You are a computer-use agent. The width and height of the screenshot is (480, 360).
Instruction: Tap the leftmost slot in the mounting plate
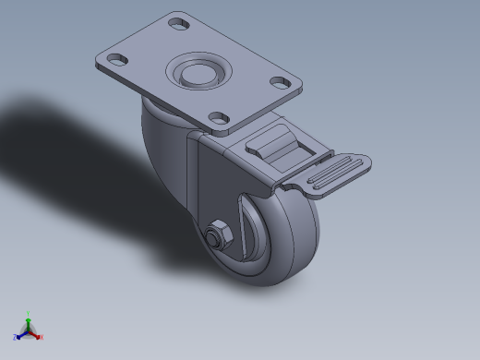click(x=117, y=61)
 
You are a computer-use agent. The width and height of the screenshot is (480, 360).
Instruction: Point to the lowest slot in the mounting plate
click(x=219, y=117)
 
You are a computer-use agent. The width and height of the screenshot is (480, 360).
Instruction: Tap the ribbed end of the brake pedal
click(x=336, y=174)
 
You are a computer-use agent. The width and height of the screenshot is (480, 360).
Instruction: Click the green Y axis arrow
click(x=28, y=320)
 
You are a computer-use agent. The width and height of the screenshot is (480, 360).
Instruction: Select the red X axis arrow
click(x=36, y=334)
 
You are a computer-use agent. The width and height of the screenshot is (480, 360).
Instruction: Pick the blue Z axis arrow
click(x=20, y=334)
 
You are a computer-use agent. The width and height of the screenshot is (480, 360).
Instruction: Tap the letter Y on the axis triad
click(x=28, y=314)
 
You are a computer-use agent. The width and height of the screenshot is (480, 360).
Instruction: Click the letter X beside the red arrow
click(x=42, y=338)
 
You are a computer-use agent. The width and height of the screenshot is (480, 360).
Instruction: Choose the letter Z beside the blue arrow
click(x=15, y=338)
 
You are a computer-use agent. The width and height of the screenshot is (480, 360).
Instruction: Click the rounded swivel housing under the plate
click(x=162, y=138)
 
